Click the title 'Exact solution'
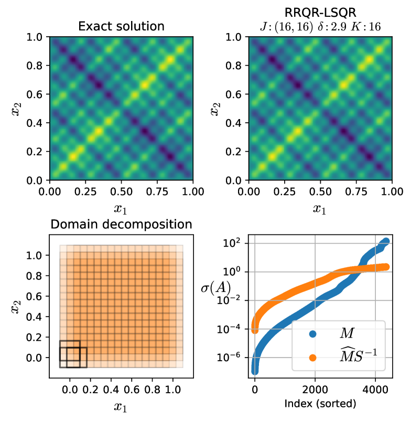point(121,26)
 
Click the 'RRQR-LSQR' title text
point(320,12)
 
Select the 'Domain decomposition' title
point(121,225)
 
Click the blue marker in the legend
point(312,333)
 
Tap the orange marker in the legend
point(312,358)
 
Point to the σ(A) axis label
point(215,288)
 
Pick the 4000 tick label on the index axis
point(375,390)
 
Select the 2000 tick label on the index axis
point(315,390)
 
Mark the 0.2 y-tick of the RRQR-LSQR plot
point(235,152)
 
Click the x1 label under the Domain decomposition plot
point(121,406)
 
